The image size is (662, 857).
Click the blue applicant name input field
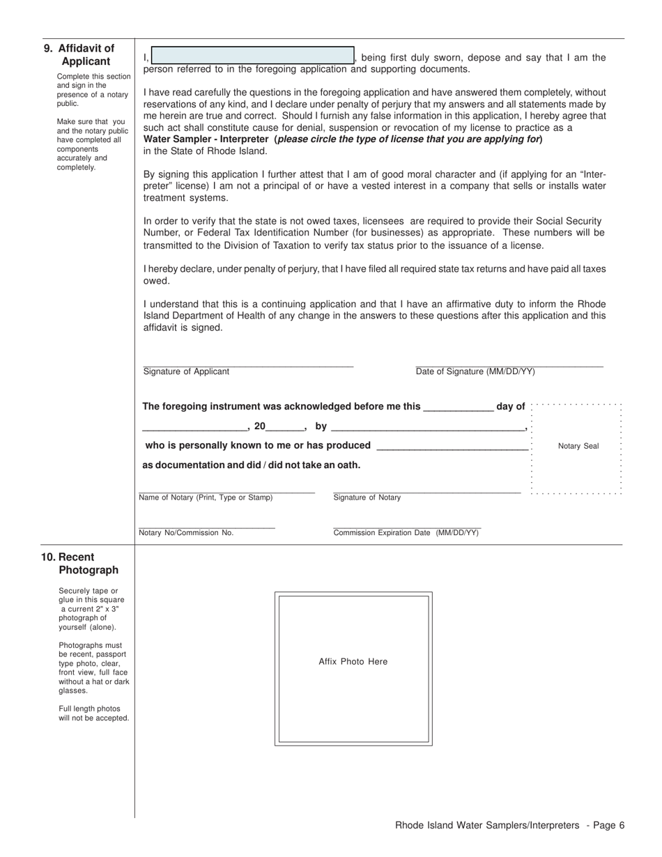click(x=252, y=56)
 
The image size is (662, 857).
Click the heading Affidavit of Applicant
click(x=86, y=55)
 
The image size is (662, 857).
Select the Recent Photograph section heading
click(x=87, y=564)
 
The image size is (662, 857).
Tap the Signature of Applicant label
click(x=186, y=372)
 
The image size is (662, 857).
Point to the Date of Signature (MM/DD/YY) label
click(x=475, y=372)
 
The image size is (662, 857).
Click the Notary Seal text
click(x=578, y=447)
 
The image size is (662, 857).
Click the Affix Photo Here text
click(x=353, y=662)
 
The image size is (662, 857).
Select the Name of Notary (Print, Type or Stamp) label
click(x=206, y=497)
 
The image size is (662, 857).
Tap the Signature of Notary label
click(x=367, y=497)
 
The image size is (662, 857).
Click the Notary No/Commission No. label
click(x=186, y=533)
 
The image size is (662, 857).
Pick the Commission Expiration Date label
click(x=406, y=533)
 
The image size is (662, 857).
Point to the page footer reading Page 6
click(x=509, y=826)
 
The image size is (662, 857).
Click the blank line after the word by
click(x=427, y=427)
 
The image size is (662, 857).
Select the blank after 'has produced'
click(x=452, y=446)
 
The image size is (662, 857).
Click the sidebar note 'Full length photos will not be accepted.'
click(x=93, y=713)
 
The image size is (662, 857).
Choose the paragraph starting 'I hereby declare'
click(x=374, y=275)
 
